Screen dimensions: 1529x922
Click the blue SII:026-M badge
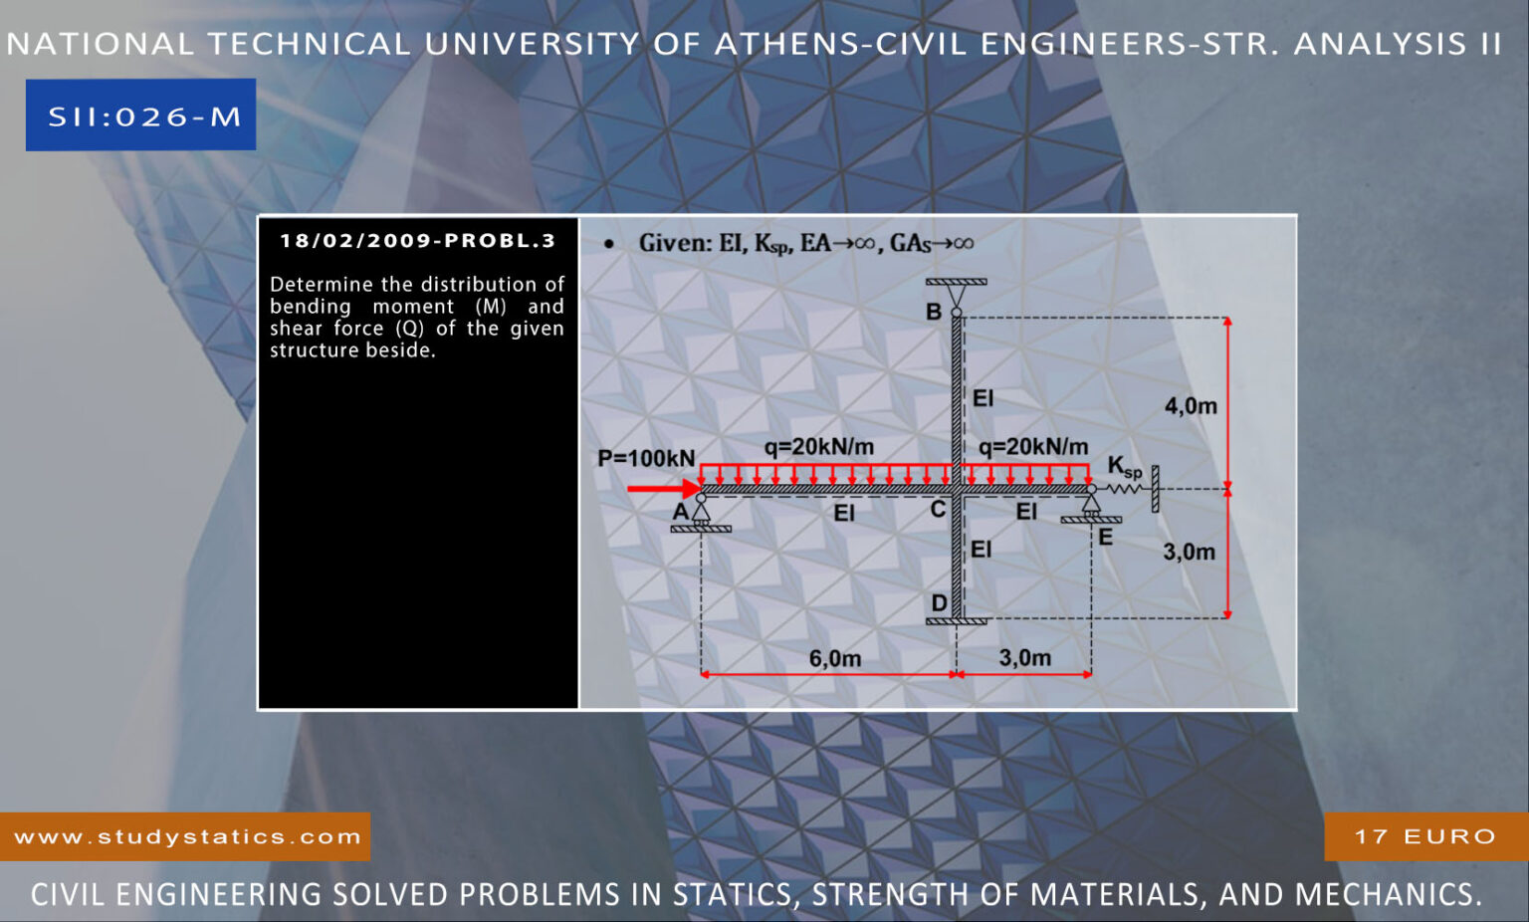tap(140, 115)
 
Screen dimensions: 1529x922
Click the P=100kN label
tap(646, 458)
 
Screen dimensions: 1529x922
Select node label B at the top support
tap(933, 312)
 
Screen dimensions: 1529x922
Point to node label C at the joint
tap(938, 510)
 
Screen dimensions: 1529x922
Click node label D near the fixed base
tap(940, 603)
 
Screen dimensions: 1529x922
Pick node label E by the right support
tap(1105, 538)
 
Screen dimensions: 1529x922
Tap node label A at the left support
tap(681, 512)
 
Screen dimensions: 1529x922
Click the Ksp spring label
tap(1124, 466)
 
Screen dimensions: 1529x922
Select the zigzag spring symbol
tap(1123, 489)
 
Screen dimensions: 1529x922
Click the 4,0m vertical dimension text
tap(1191, 406)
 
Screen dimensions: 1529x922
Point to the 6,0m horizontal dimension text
tap(835, 658)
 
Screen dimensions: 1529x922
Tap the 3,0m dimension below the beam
tap(1024, 658)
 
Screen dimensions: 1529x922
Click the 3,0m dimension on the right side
tap(1189, 552)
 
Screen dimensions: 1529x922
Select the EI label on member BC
tap(983, 398)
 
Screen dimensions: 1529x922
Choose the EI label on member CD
tap(981, 549)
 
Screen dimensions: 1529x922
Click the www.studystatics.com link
tap(187, 836)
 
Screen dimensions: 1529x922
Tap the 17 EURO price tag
tap(1425, 836)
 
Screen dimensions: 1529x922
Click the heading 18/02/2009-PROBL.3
tap(418, 240)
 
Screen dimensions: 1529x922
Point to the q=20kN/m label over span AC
tap(818, 447)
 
